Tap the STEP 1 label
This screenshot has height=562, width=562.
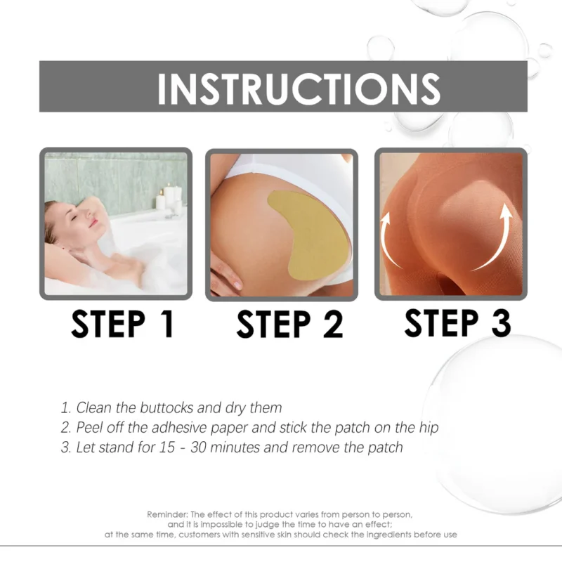[122, 325]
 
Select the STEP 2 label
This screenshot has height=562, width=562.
[289, 325]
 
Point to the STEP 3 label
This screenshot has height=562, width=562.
[457, 322]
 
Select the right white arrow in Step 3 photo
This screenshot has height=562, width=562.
[497, 235]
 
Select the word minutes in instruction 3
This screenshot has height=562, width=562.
[259, 447]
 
